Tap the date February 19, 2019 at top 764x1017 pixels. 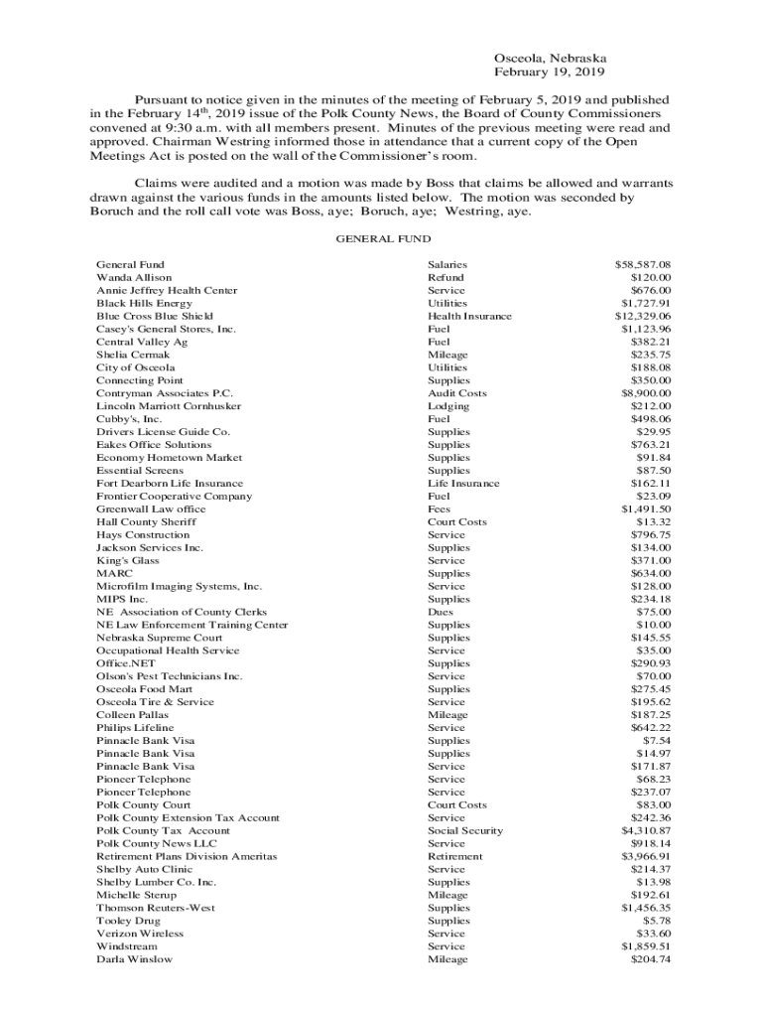550,73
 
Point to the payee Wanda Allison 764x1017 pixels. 134,278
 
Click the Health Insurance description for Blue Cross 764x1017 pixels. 469,316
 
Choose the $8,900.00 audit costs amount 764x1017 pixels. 646,393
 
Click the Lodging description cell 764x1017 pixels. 448,406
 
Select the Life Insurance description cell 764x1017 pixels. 463,484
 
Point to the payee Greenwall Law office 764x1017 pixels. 151,509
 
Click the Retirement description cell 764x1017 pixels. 454,856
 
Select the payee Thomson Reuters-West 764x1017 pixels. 156,908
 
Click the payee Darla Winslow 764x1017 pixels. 134,959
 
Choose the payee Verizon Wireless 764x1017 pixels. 140,934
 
